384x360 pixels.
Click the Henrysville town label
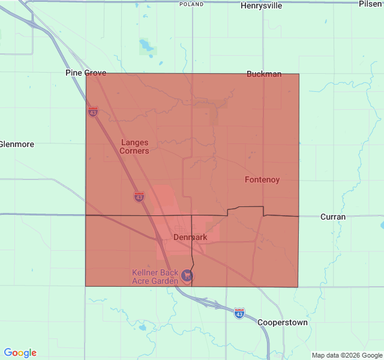(x=261, y=6)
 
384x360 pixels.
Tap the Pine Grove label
(x=86, y=73)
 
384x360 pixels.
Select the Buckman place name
(x=264, y=74)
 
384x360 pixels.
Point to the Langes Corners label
(x=134, y=146)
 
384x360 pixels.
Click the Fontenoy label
(x=262, y=180)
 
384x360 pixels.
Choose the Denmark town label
(x=190, y=237)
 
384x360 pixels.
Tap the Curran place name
(x=333, y=217)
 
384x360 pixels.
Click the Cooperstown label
(x=283, y=322)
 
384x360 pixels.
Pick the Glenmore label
(x=17, y=145)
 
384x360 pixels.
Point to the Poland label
(x=191, y=4)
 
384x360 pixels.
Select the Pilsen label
(x=371, y=4)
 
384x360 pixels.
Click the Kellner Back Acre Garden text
(x=155, y=277)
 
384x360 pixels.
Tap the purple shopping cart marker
(x=188, y=275)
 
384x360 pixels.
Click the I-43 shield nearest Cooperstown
(x=239, y=313)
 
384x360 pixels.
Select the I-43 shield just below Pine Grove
(x=92, y=112)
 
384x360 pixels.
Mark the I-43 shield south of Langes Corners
(x=139, y=196)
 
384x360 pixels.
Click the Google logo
(x=20, y=353)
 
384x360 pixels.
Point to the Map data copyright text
(x=346, y=355)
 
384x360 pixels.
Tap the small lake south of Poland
(x=146, y=46)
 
